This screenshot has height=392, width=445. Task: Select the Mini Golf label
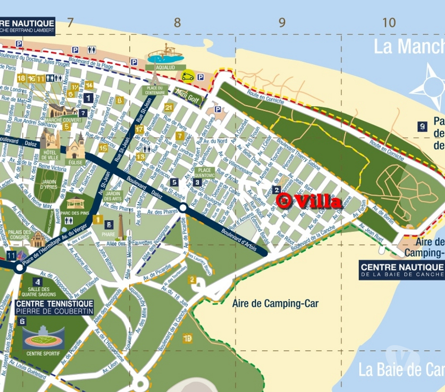(x=187, y=93)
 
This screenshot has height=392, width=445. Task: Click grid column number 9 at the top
(x=282, y=22)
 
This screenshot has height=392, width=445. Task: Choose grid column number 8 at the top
(x=178, y=22)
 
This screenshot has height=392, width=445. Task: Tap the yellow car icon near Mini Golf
(x=188, y=76)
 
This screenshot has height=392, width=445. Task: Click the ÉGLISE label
(x=75, y=162)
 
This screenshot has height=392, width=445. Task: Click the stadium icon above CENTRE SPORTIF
(x=43, y=337)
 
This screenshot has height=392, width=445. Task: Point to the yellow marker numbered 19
(x=188, y=338)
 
